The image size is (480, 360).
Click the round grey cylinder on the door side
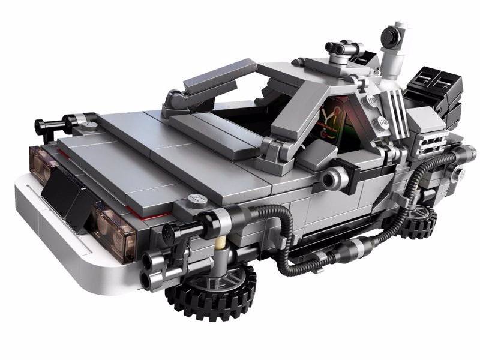coord(334,176)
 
